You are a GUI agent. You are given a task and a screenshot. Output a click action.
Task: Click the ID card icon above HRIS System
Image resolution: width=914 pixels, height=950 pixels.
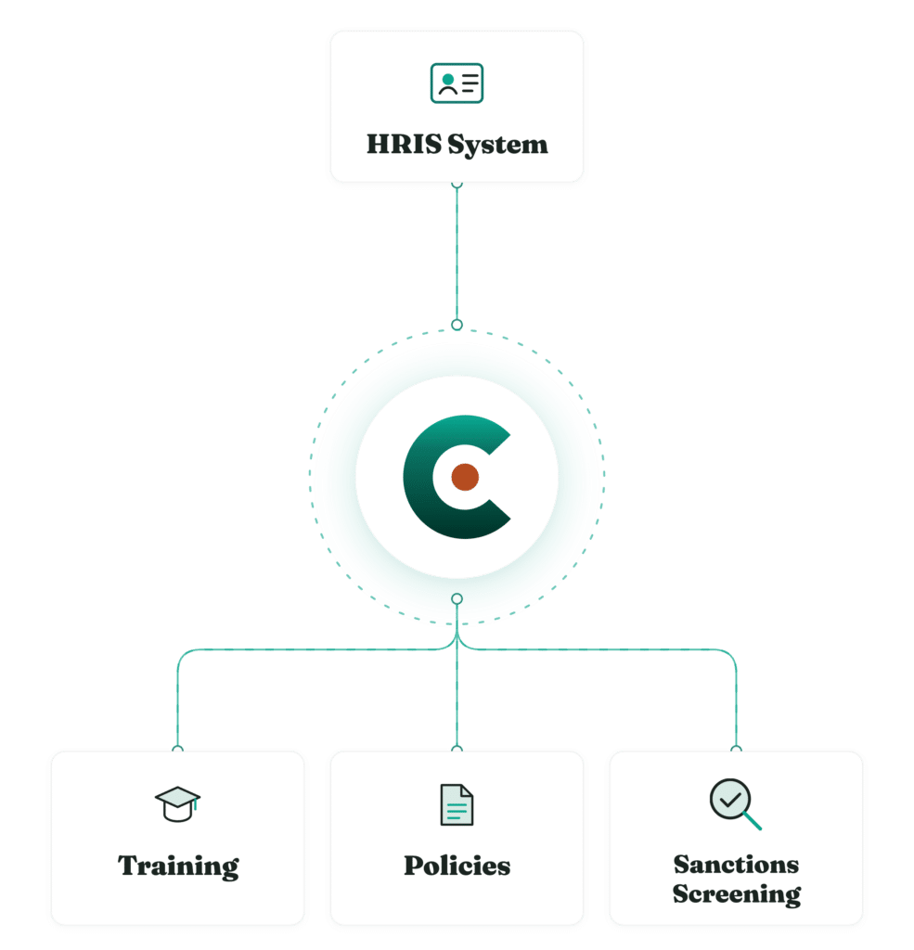(457, 83)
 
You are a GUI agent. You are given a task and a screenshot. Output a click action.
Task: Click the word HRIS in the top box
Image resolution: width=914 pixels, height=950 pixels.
(405, 144)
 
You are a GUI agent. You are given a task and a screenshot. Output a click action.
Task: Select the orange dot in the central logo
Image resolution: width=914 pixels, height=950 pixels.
(465, 477)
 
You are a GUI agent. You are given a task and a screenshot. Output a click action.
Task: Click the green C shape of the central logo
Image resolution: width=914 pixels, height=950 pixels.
(418, 477)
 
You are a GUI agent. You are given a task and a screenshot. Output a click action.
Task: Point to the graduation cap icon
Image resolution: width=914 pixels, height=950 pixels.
(177, 804)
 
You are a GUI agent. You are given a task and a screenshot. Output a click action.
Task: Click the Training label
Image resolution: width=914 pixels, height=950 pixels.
(178, 867)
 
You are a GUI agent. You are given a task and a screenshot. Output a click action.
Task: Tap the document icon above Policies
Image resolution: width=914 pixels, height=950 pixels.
(457, 804)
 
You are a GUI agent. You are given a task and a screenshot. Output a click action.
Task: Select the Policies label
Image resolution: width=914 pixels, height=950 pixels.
(457, 866)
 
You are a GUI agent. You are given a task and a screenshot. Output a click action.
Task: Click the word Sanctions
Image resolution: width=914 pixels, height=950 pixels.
(736, 865)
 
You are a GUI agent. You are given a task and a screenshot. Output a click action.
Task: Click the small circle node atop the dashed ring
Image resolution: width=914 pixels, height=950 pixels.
(457, 325)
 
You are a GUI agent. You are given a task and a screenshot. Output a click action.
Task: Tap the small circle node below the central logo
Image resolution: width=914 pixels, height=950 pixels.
(457, 598)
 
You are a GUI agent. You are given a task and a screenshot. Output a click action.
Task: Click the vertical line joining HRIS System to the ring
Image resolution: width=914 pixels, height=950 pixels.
(457, 254)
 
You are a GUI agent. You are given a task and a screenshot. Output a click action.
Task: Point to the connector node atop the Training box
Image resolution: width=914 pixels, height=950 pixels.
(177, 750)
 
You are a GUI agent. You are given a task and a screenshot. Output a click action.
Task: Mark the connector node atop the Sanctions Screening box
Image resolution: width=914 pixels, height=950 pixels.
(736, 750)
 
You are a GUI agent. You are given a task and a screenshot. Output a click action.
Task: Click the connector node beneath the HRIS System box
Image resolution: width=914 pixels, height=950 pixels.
(457, 185)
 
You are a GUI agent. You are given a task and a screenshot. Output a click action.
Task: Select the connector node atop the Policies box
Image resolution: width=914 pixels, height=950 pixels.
(457, 750)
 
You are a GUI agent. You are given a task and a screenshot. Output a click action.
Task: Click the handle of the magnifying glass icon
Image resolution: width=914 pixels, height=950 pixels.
(753, 821)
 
